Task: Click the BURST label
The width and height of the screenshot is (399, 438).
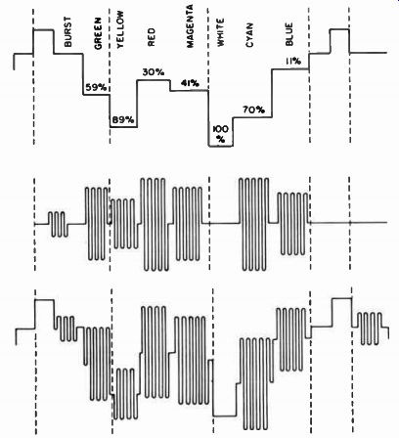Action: pyautogui.click(x=68, y=31)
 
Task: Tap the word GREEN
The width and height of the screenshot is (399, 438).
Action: pyautogui.click(x=98, y=33)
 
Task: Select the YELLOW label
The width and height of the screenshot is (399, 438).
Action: pyautogui.click(x=120, y=29)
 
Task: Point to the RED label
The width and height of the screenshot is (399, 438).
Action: pyautogui.click(x=152, y=37)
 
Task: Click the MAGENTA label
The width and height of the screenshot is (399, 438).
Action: pyautogui.click(x=190, y=26)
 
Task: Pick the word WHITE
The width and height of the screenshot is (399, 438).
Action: pyautogui.click(x=220, y=32)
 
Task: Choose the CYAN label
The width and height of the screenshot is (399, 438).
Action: pyautogui.click(x=249, y=35)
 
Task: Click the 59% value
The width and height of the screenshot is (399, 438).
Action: pyautogui.click(x=96, y=87)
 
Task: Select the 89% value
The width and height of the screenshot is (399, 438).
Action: pyautogui.click(x=123, y=120)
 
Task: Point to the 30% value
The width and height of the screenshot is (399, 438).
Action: pyautogui.click(x=154, y=72)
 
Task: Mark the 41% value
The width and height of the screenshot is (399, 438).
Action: pyautogui.click(x=190, y=83)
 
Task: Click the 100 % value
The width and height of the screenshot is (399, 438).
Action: pyautogui.click(x=221, y=134)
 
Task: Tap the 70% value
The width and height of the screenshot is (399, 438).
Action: pyautogui.click(x=253, y=110)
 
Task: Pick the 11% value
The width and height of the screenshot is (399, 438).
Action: pyautogui.click(x=293, y=61)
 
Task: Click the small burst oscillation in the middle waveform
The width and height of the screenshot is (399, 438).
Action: pyautogui.click(x=59, y=224)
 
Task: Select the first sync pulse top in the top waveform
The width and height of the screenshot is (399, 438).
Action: pyautogui.click(x=44, y=30)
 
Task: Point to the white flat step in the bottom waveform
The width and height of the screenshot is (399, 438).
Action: pyautogui.click(x=225, y=416)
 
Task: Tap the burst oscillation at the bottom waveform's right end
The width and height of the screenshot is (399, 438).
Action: pyautogui.click(x=372, y=328)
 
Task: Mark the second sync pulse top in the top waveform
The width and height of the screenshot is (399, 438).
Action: pyautogui.click(x=339, y=29)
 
